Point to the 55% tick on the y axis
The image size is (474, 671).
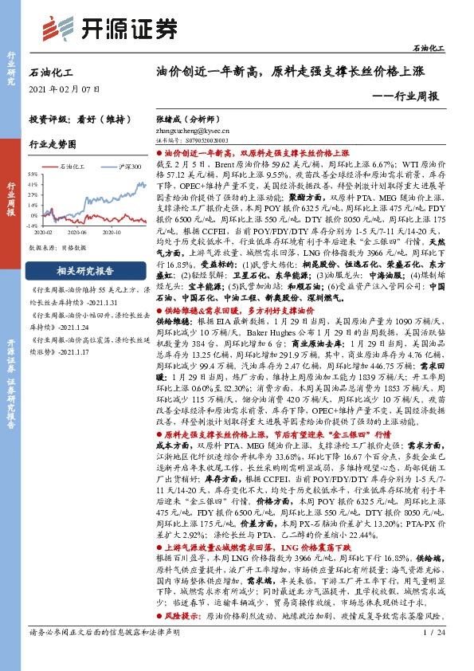point(33,173)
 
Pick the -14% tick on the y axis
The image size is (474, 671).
point(33,226)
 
